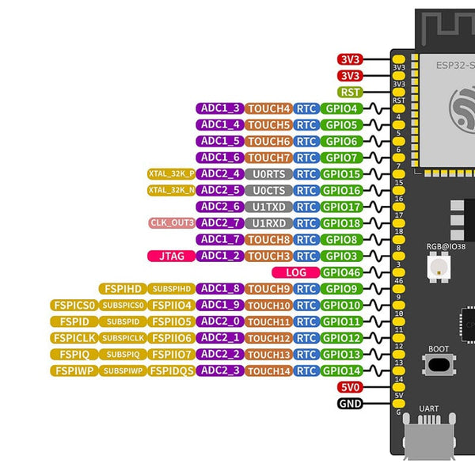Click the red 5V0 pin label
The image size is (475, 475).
click(350, 387)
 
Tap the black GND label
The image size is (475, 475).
click(350, 404)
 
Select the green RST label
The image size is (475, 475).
click(350, 92)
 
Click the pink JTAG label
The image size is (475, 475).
click(171, 256)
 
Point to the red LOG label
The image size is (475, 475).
click(295, 272)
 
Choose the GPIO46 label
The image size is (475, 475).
click(343, 272)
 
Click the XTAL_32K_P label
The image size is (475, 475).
click(171, 174)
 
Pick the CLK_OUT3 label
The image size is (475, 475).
click(172, 223)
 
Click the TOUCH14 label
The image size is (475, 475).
click(268, 370)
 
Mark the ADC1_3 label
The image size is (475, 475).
click(219, 108)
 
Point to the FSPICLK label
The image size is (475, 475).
click(74, 338)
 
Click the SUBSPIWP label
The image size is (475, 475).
click(123, 370)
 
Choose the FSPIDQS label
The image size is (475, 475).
click(171, 370)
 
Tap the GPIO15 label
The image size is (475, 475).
click(343, 174)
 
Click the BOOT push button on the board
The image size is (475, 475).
click(437, 365)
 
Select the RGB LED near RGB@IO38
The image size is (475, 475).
click(435, 268)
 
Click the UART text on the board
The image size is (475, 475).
click(429, 408)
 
